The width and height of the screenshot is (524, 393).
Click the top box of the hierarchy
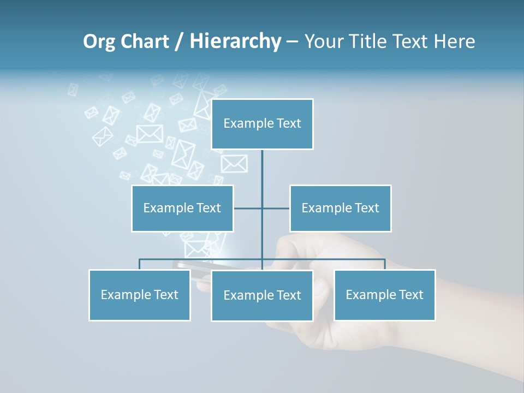coord(262,124)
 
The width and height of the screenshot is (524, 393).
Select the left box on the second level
coord(182,209)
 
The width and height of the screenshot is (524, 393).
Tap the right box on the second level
coord(340,209)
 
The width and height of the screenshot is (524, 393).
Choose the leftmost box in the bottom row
coord(139,295)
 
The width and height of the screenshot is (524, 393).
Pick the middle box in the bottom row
coord(262,296)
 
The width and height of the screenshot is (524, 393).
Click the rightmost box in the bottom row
coord(384,295)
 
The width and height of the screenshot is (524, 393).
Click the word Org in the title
coord(99,41)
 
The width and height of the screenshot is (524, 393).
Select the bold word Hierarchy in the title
coord(235,41)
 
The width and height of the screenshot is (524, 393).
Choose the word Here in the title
coord(455,41)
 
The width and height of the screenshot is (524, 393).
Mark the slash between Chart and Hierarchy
coord(179,41)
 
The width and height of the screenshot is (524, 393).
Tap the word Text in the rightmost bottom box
coord(410,295)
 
